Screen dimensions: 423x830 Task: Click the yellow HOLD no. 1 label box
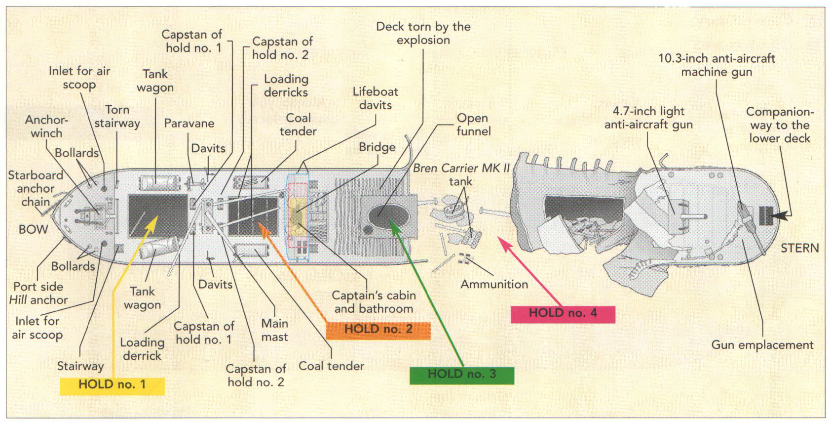[x=112, y=385]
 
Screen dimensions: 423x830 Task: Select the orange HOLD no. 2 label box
[x=378, y=330]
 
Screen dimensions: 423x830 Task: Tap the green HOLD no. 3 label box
[x=461, y=375]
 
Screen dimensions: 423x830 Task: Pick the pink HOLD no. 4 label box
[x=563, y=313]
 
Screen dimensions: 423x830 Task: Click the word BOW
[x=33, y=229]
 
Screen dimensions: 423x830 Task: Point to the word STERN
[x=799, y=248]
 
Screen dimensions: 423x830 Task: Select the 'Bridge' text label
[x=377, y=147]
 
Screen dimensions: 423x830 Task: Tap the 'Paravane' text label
[x=189, y=124]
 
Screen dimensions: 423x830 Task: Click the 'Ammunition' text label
[x=494, y=284]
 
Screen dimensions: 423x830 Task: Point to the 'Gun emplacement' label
[x=762, y=345]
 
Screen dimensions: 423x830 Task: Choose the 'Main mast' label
[x=274, y=330]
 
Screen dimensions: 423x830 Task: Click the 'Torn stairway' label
[x=117, y=117]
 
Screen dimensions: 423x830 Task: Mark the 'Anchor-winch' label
[x=46, y=127]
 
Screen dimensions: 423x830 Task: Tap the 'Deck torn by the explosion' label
[x=423, y=34]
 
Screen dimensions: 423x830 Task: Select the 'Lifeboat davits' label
[x=375, y=98]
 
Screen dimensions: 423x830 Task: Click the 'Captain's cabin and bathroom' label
[x=374, y=302]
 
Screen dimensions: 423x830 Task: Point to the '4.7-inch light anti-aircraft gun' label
[x=648, y=118]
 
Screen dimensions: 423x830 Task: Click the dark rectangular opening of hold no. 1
[x=157, y=216]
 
